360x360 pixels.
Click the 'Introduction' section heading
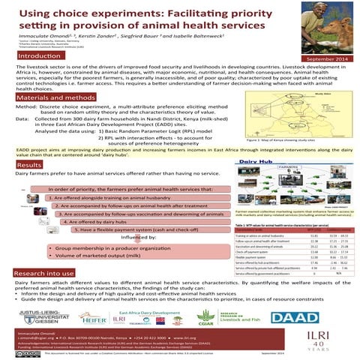(38, 57)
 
